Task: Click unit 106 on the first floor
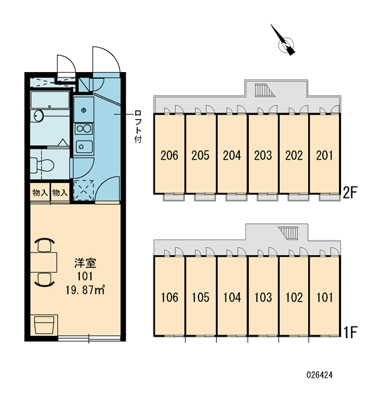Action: [169, 296]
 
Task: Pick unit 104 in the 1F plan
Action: [231, 296]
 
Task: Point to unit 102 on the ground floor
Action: [294, 296]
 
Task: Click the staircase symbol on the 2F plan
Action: [265, 90]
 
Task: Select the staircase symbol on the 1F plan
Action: [288, 233]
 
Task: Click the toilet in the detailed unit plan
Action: [42, 164]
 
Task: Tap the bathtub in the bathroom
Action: [50, 99]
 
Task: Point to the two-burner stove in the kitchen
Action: [83, 129]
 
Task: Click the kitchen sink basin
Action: [84, 147]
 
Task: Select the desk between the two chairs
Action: [43, 263]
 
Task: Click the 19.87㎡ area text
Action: [85, 290]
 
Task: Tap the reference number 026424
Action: [320, 374]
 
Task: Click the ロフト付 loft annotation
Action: [138, 127]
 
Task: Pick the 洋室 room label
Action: [85, 263]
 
